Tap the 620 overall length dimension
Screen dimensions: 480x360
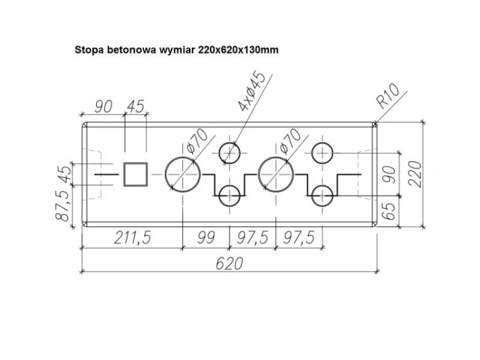[230, 263]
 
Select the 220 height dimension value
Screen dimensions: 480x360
[415, 174]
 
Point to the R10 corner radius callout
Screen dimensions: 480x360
[389, 95]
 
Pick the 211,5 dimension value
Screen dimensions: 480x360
[132, 238]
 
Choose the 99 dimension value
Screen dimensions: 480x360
[206, 238]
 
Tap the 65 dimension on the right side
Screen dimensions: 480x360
[389, 211]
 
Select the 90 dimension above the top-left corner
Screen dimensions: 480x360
[104, 106]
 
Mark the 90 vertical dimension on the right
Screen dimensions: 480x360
[389, 174]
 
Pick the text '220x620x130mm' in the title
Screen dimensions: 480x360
[239, 49]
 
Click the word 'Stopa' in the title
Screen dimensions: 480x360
[90, 50]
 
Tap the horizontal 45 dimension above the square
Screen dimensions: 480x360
[135, 106]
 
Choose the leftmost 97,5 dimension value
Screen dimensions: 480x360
[253, 238]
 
